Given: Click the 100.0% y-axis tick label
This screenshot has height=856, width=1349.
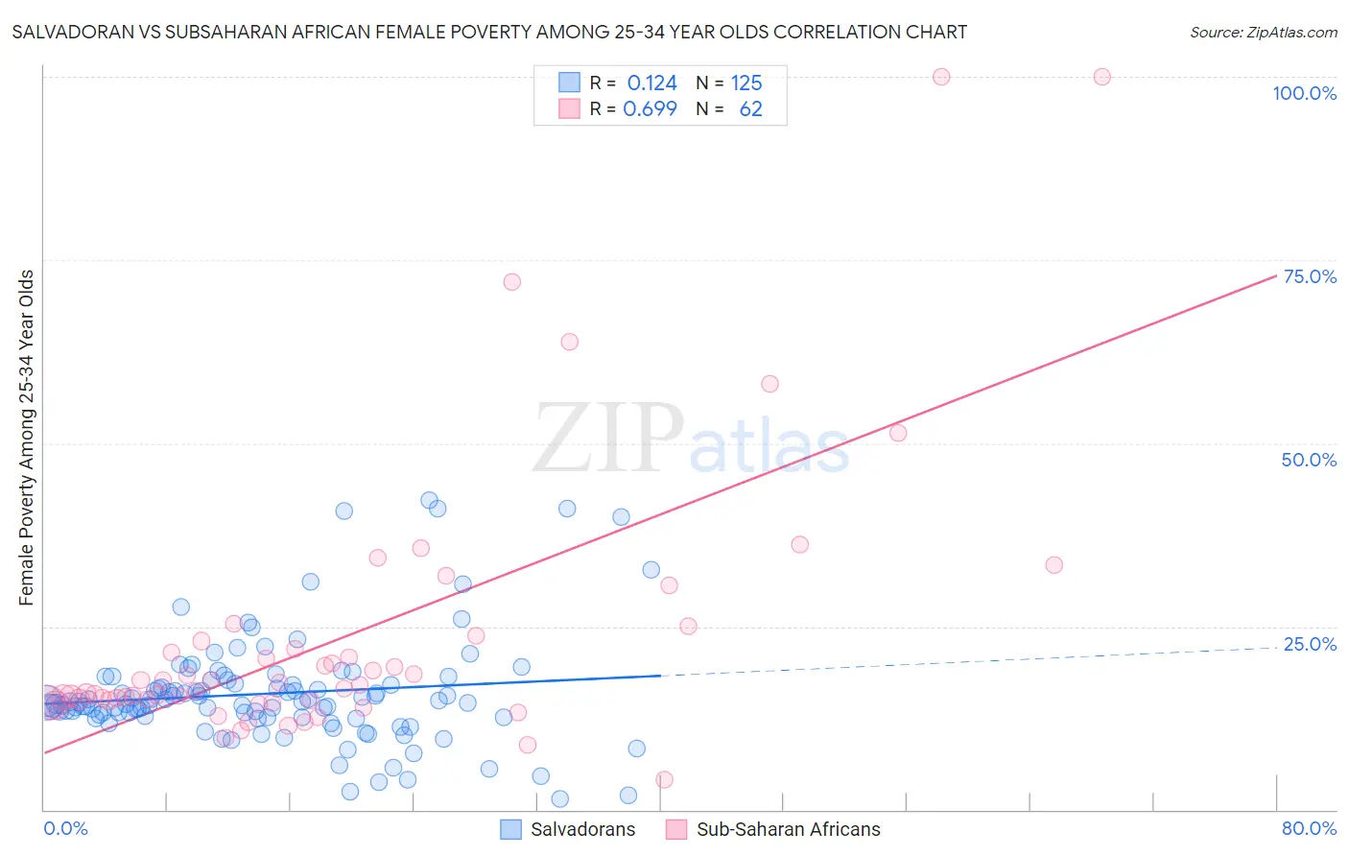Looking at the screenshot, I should (1304, 93).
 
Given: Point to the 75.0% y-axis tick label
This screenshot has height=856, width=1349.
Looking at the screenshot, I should (1310, 276).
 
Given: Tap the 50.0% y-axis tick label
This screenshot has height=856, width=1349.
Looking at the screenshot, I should (1309, 460).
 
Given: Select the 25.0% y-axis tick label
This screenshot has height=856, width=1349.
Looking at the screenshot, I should (1310, 644).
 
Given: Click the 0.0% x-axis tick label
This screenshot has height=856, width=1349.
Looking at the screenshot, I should (65, 828).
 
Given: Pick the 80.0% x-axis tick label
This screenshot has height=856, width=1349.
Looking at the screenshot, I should (1309, 828).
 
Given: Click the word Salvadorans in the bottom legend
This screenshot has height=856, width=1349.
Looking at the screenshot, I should (582, 829).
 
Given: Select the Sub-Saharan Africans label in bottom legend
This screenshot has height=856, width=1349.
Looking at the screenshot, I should (788, 829).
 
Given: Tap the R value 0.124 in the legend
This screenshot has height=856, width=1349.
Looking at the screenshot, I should (651, 83).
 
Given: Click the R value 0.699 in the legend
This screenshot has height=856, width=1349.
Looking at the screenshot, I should (650, 108).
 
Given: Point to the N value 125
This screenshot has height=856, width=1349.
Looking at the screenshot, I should (746, 83).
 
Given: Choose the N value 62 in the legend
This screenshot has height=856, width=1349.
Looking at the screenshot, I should (750, 108).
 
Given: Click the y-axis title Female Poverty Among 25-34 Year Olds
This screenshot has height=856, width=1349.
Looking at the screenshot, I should (27, 438).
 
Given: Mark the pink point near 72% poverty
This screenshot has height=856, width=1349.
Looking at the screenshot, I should (511, 282).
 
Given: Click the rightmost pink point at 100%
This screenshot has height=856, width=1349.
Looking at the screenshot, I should (1101, 77).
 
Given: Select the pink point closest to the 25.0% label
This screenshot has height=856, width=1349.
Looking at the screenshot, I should (1053, 565).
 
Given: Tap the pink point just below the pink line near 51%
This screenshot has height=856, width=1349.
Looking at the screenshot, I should (898, 433).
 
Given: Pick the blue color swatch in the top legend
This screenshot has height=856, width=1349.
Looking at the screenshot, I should (569, 83).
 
